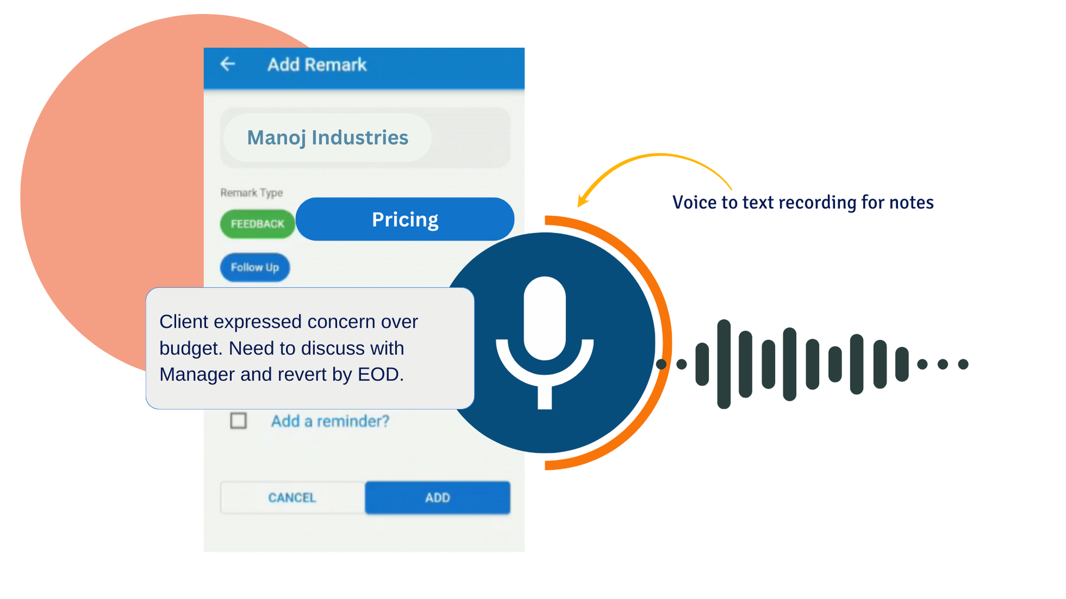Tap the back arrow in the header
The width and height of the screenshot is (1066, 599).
(228, 64)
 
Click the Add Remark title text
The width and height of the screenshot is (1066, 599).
(317, 65)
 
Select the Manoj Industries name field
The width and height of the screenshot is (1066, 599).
(327, 138)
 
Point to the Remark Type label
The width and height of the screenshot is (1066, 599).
(251, 192)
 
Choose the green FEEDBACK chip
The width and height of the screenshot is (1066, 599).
(257, 224)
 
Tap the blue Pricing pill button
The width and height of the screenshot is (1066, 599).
(405, 219)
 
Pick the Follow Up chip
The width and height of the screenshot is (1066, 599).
(255, 267)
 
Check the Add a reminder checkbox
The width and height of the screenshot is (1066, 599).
(238, 421)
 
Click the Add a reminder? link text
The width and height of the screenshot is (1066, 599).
(330, 421)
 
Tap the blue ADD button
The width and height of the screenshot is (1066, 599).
(437, 497)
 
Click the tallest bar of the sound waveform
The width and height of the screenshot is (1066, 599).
(724, 364)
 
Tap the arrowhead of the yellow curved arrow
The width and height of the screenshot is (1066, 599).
(582, 201)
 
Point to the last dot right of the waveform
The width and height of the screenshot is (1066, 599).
(963, 364)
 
